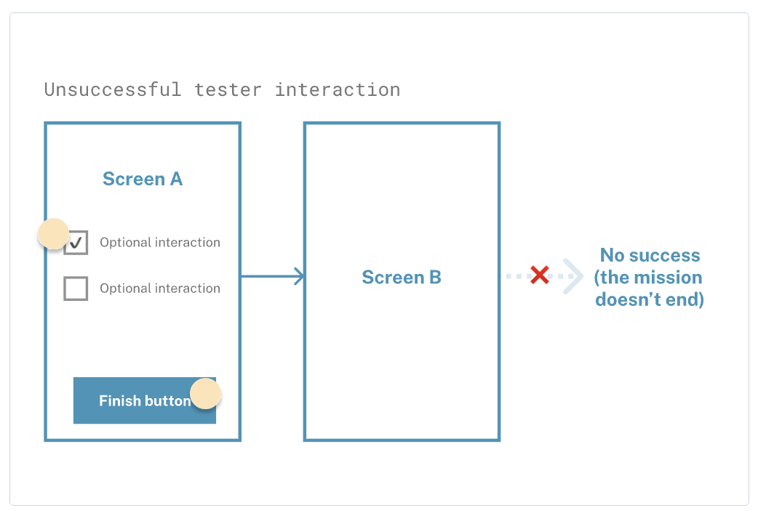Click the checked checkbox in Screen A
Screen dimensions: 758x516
pos(76,243)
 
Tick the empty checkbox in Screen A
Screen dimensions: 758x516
pos(76,289)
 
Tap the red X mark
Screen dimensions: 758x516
pos(540,275)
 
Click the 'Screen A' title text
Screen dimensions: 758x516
pos(143,180)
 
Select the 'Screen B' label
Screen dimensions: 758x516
pos(402,278)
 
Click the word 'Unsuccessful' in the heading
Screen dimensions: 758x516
pos(113,90)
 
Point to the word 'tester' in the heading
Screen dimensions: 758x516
pos(228,90)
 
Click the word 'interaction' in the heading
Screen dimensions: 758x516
pos(338,90)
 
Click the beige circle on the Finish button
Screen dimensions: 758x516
pos(205,393)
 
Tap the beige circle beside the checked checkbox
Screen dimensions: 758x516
pos(54,234)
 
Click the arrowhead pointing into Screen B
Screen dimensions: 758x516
pos(300,276)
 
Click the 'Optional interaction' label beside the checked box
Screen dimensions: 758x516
pos(160,243)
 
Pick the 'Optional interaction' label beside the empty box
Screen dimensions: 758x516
pos(160,289)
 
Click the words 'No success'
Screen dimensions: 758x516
pos(650,255)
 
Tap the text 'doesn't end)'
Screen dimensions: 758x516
pos(650,299)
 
